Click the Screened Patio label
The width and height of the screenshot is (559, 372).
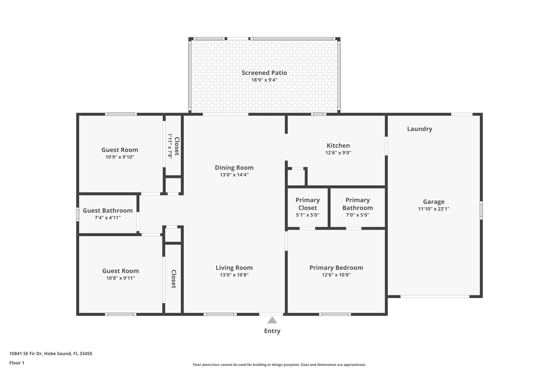click(264, 73)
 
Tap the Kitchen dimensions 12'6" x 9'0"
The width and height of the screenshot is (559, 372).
click(338, 153)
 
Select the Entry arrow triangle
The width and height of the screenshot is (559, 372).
click(272, 320)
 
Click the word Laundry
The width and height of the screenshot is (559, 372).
click(419, 129)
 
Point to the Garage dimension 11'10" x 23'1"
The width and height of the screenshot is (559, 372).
click(433, 209)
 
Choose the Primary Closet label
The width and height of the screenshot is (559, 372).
click(307, 204)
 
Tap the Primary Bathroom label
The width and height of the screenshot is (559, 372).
click(357, 204)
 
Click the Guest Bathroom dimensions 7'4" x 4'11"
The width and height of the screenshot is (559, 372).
click(108, 218)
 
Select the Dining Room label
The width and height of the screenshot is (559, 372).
click(234, 168)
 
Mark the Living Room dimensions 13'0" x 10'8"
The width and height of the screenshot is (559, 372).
click(234, 275)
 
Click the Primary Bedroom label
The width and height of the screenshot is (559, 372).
click(336, 268)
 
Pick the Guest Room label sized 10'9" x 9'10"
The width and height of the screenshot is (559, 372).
click(120, 150)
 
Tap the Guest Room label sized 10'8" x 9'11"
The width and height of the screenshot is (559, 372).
click(120, 271)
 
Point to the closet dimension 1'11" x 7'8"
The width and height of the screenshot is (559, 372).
click(170, 146)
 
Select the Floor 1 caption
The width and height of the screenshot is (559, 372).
click(17, 363)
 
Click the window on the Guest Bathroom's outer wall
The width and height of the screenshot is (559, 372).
click(78, 214)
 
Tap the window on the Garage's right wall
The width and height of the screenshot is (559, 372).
click(481, 210)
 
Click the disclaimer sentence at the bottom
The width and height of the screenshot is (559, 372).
click(279, 365)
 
